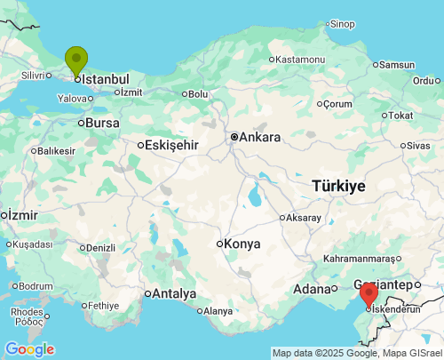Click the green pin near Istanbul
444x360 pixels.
click(x=76, y=60)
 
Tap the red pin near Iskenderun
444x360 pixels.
click(x=369, y=294)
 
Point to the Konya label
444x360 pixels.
click(x=242, y=244)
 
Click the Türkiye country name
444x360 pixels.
click(x=338, y=186)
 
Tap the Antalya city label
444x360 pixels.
click(x=174, y=293)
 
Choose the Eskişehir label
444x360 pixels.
click(x=170, y=145)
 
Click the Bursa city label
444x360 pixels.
click(x=103, y=123)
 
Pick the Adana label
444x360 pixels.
click(x=311, y=289)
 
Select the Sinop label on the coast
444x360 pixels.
click(x=342, y=24)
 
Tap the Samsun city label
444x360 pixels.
click(x=397, y=64)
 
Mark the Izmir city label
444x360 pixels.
click(x=24, y=215)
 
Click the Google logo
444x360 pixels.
click(x=29, y=349)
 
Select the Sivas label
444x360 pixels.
click(x=417, y=145)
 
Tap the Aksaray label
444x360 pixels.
click(x=304, y=217)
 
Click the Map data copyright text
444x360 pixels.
click(x=357, y=353)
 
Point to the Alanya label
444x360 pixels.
click(x=217, y=311)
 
